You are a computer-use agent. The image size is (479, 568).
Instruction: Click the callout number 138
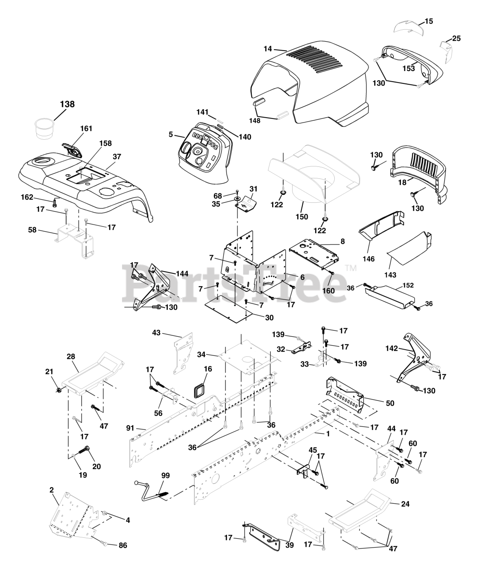tap(67, 104)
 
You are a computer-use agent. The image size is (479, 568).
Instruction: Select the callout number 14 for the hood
tap(268, 49)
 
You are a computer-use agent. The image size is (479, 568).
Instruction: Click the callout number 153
tap(409, 68)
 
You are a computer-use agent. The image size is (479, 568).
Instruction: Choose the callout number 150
tap(302, 217)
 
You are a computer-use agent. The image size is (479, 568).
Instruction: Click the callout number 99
tap(166, 476)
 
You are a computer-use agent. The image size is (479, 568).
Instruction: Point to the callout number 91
tap(131, 428)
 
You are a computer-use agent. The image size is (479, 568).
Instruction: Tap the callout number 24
tap(405, 504)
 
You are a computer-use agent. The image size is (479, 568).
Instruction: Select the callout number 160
tap(329, 291)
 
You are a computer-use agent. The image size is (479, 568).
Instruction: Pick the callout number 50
tap(390, 403)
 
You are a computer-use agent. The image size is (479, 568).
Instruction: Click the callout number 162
tap(27, 197)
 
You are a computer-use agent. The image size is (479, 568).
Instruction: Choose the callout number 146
tap(368, 259)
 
